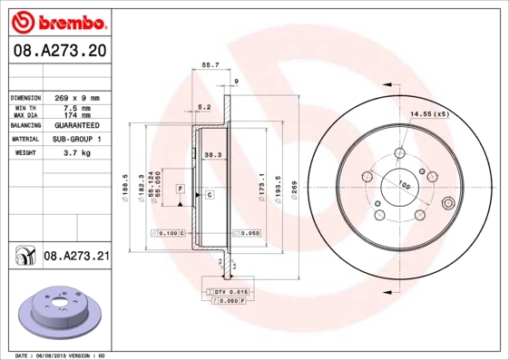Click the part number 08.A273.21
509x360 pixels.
[x=77, y=258]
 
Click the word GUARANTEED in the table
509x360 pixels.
[x=75, y=125]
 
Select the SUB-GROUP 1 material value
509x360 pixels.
[x=75, y=139]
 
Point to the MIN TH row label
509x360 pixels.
[x=24, y=108]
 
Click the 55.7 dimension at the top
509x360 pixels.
[x=210, y=64]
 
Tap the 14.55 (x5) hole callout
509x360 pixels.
[x=429, y=113]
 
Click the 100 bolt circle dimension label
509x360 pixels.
[x=404, y=185]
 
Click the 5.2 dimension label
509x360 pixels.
[x=204, y=106]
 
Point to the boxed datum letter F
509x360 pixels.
[x=181, y=187]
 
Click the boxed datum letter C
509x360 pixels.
[x=209, y=195]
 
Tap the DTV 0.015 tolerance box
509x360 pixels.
[x=229, y=290]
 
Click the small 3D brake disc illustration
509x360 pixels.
[x=61, y=312]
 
